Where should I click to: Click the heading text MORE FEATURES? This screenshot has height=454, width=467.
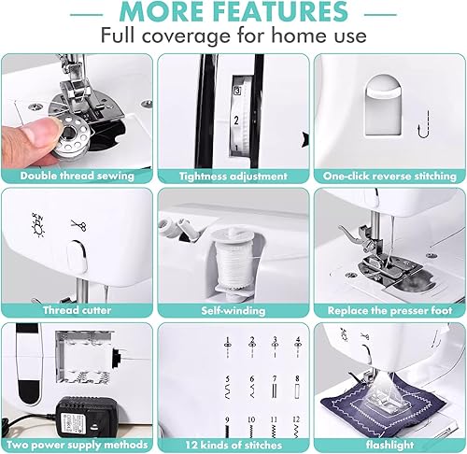(x=233, y=12)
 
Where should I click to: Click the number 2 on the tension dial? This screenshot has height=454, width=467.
(x=236, y=121)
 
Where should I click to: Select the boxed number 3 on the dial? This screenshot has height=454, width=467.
(x=237, y=91)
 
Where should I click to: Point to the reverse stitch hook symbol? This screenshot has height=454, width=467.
(x=424, y=124)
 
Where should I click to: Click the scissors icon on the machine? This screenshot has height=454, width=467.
(x=79, y=225)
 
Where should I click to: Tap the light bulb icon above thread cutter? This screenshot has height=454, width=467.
(x=38, y=225)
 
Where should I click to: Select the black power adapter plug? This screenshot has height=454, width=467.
(x=87, y=416)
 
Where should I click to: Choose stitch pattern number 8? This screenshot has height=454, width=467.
(x=298, y=388)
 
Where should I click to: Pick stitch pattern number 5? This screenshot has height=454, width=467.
(x=228, y=388)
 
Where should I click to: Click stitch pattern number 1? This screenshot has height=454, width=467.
(x=228, y=348)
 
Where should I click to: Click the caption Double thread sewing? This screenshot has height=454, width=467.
(x=78, y=176)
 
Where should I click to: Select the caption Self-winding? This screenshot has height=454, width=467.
(x=233, y=310)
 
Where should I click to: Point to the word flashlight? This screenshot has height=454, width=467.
(x=389, y=445)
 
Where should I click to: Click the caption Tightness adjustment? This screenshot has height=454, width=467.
(x=233, y=177)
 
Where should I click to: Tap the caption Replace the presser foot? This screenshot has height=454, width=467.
(x=389, y=310)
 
